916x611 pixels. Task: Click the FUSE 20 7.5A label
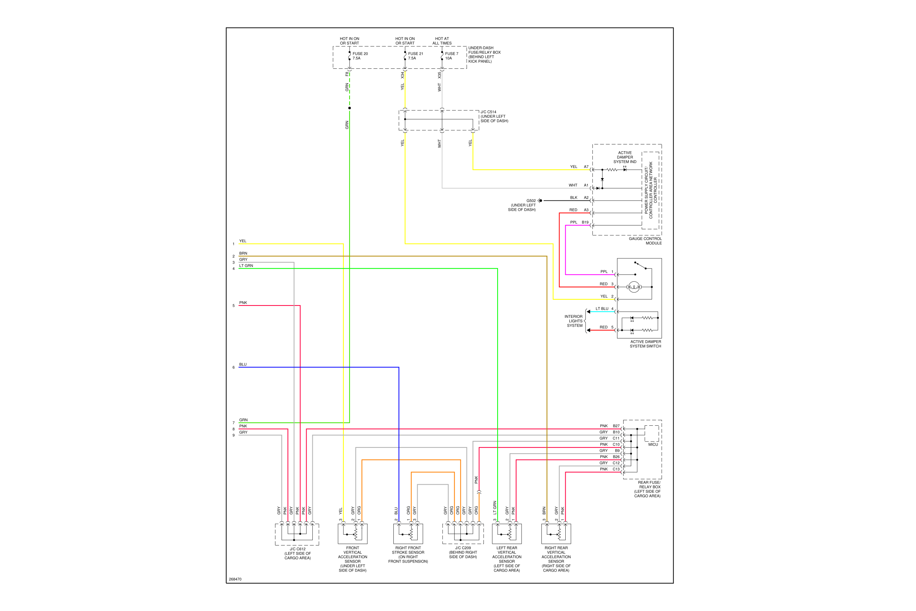(360, 56)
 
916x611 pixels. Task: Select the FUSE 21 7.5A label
(415, 56)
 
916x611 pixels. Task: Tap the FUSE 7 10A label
(452, 56)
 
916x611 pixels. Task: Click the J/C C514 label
(488, 112)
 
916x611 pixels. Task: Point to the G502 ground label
(531, 201)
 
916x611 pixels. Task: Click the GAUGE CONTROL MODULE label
(645, 241)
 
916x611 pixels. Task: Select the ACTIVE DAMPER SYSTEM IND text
(625, 157)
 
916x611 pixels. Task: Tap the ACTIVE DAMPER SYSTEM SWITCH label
(646, 344)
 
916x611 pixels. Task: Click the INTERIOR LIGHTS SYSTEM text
(574, 321)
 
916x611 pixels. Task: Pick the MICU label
(653, 444)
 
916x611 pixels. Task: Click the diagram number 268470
(235, 579)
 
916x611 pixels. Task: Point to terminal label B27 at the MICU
(616, 426)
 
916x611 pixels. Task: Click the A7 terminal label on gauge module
(586, 167)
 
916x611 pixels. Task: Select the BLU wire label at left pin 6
(243, 365)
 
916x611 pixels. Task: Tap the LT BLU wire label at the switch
(601, 309)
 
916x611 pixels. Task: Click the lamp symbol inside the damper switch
(634, 287)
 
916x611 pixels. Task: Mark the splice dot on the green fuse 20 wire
(350, 108)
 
